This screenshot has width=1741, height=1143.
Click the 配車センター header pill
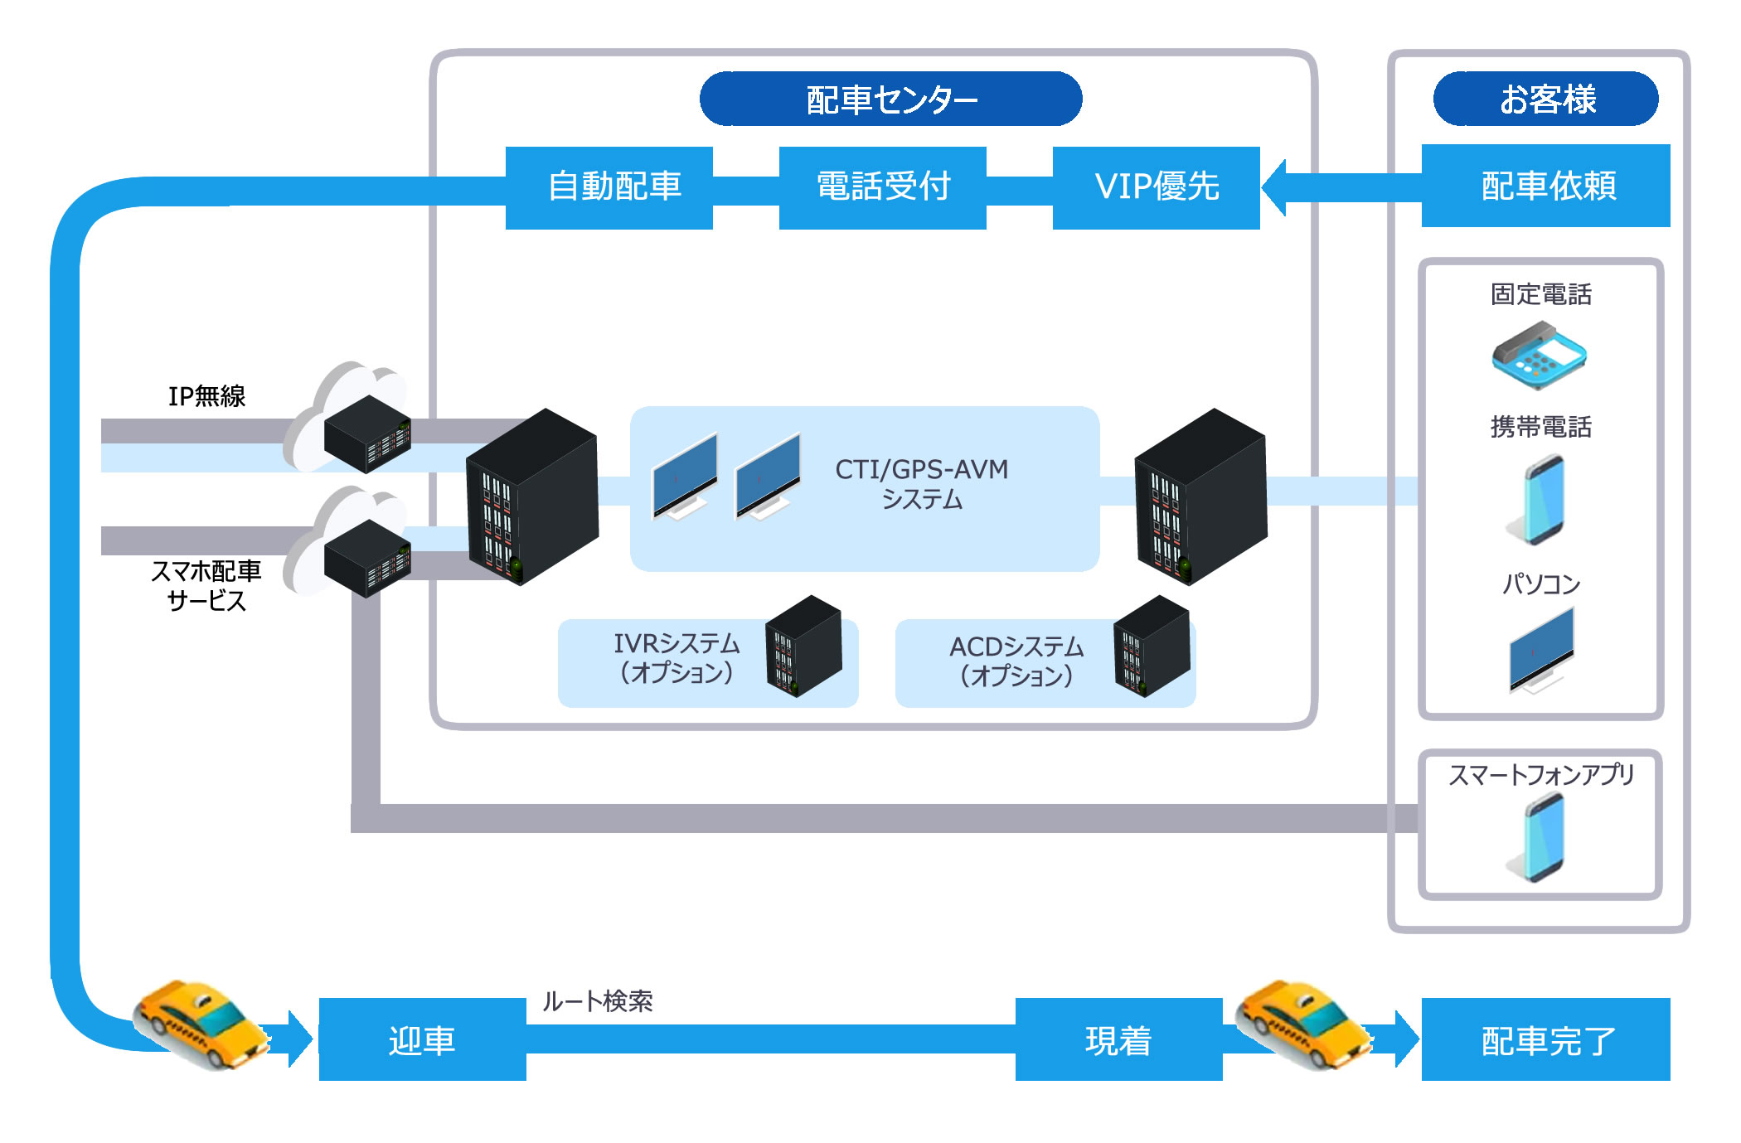coord(890,99)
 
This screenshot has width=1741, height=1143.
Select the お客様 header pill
coord(1546,99)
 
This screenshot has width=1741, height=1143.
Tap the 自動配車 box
coord(609,187)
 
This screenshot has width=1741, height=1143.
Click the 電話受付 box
coord(883,187)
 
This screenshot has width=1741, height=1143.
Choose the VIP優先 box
coord(1157,187)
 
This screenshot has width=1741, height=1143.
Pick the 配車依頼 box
coord(1546,186)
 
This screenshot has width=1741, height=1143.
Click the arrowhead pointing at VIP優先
coord(1275,187)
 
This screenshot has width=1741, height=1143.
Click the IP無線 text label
coord(206,396)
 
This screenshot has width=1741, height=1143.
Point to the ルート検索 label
coord(597,1001)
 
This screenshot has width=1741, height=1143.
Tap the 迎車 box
coord(423,1040)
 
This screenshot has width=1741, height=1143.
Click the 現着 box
coord(1119,1040)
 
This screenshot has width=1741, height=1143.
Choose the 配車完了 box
coord(1546,1040)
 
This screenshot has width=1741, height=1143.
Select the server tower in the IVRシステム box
coord(803,647)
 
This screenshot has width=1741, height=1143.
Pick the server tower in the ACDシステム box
coord(1151,647)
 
